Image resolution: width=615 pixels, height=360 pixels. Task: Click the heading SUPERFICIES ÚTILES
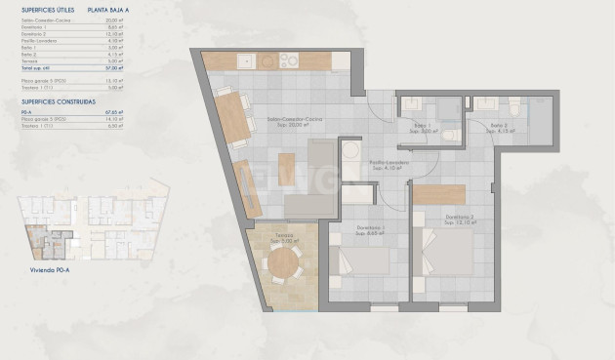(48, 9)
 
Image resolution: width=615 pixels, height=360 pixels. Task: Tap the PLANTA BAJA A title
(109, 9)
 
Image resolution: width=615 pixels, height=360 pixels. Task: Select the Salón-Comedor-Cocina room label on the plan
(296, 121)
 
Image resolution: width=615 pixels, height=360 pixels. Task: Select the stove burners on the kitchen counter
(289, 60)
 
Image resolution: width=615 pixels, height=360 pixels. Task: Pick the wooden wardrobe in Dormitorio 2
(431, 193)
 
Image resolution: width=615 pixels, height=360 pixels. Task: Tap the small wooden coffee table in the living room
(286, 168)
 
